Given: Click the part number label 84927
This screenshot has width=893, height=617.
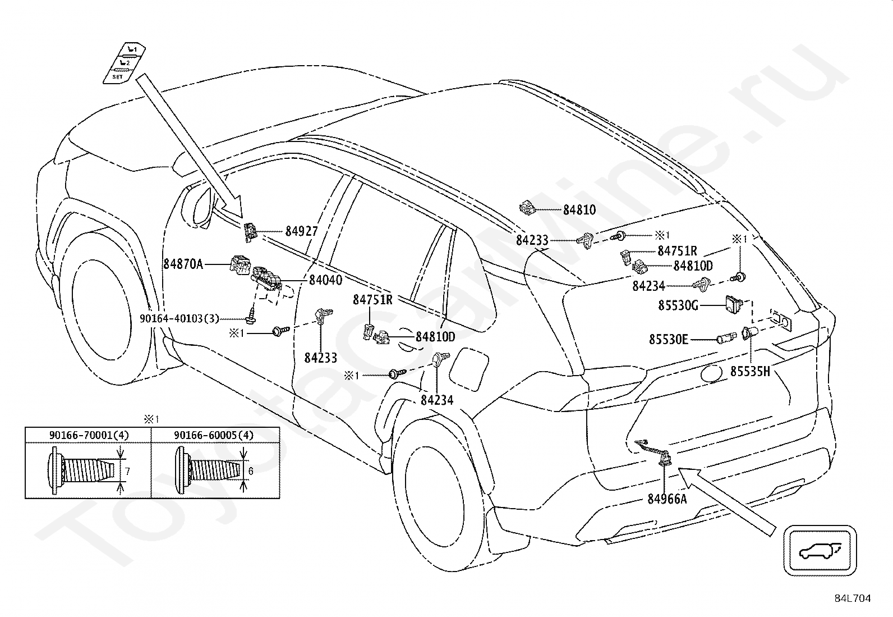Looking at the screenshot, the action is click(x=301, y=231).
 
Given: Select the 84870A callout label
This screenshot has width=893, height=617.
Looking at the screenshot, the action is click(x=183, y=264).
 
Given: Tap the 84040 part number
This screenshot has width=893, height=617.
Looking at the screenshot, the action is click(x=326, y=280).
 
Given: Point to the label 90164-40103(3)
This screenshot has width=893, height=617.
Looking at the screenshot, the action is click(x=179, y=318).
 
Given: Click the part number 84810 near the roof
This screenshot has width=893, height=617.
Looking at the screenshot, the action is click(x=579, y=210).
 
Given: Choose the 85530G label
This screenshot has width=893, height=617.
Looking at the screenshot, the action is click(x=678, y=306).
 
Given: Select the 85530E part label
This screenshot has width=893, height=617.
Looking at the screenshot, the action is click(x=669, y=340).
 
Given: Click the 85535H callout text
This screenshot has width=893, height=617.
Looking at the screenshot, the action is click(x=750, y=372).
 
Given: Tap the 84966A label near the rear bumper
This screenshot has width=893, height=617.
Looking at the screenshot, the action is click(x=667, y=499).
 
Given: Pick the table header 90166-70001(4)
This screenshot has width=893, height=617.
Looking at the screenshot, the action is click(x=89, y=435).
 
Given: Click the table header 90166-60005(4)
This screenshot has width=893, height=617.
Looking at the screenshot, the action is click(x=214, y=435).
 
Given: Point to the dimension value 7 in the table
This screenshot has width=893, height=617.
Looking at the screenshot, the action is click(x=127, y=472).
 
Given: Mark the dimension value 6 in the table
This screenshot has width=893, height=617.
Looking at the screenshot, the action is click(x=250, y=471).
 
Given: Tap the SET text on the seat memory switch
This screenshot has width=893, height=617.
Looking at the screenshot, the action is click(x=117, y=76).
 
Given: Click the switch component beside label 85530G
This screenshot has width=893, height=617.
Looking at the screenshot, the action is click(x=734, y=304).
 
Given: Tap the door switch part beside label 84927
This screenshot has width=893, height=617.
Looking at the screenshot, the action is click(x=250, y=232).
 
